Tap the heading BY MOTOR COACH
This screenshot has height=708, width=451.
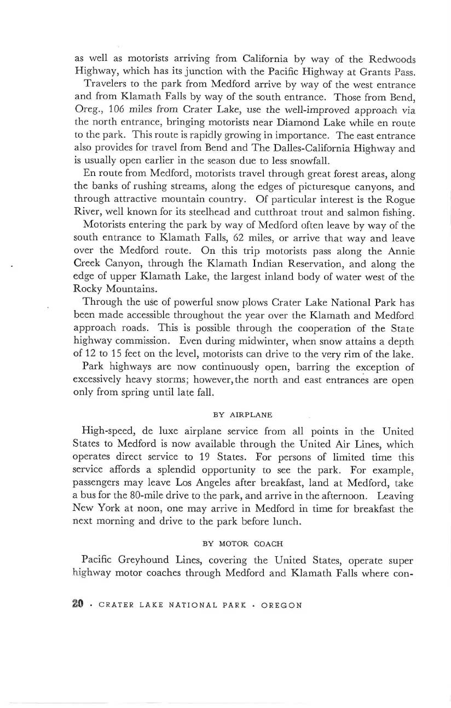tap(243, 544)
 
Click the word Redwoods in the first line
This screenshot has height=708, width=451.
tap(392, 59)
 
